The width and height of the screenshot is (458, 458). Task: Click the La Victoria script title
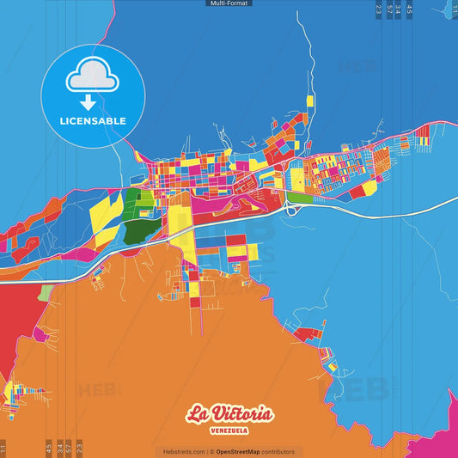point(230,414)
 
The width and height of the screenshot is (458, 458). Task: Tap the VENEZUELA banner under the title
point(230,431)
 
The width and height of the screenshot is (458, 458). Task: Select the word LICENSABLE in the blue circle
point(93,121)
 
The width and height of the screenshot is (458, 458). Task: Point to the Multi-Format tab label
point(229,3)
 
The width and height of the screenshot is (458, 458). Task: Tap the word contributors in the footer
point(278,451)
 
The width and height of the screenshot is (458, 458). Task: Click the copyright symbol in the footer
point(211,451)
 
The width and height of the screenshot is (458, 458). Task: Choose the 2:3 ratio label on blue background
point(379,9)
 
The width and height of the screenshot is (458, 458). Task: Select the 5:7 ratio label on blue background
point(389,9)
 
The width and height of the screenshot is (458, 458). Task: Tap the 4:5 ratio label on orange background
point(48,447)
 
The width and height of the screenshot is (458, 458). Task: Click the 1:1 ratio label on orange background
point(3,449)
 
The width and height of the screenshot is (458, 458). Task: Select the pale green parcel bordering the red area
point(46,292)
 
